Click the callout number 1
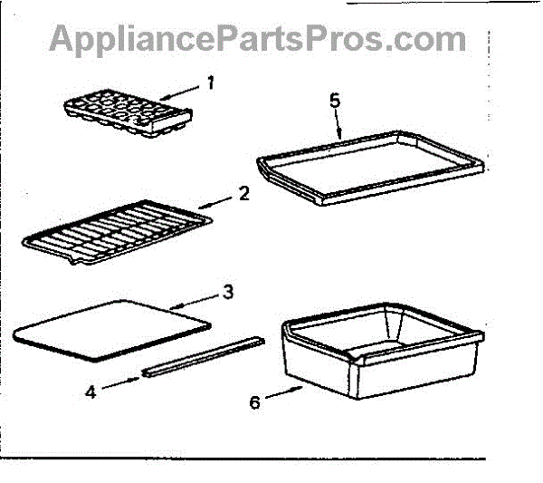[x=210, y=83]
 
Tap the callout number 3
[x=228, y=291]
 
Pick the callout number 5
[x=335, y=100]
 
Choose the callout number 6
[x=255, y=401]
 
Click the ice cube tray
[x=128, y=114]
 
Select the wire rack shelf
[x=116, y=234]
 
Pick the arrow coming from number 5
[x=337, y=123]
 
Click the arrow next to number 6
[x=284, y=392]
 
